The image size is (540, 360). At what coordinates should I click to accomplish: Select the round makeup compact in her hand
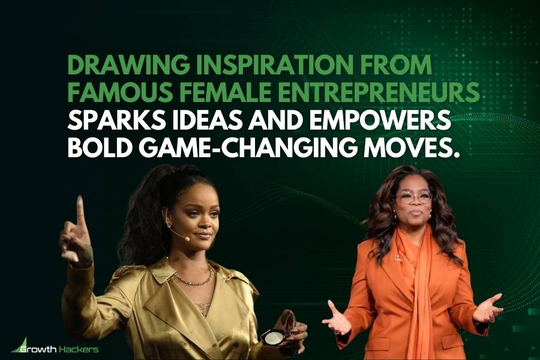269,336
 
